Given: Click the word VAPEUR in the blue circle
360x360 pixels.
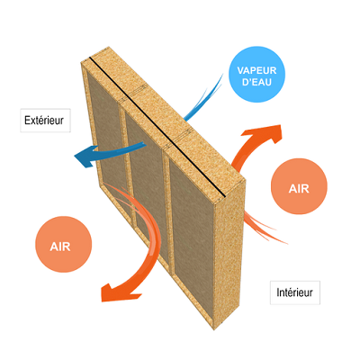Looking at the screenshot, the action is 256,71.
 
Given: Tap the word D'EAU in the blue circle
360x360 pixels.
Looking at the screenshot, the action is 256,82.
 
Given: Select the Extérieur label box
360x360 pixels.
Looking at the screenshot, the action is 45,121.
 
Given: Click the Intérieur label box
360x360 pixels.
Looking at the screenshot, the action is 295,292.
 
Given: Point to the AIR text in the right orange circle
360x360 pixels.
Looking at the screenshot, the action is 299,189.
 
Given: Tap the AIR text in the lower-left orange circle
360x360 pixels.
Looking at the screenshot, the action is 60,247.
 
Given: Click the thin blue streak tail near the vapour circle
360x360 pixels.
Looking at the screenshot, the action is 204,96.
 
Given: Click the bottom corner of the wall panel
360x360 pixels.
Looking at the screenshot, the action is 214,330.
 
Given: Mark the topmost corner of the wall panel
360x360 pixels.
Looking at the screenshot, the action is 108,47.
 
